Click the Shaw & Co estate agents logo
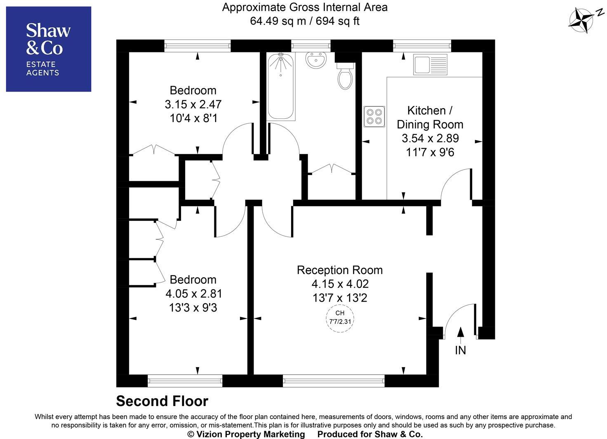coord(48,49)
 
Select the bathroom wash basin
coord(316,60)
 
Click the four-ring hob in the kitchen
coord(374,116)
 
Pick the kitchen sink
coord(431,65)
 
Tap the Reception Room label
coord(340,270)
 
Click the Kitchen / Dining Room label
coord(430,118)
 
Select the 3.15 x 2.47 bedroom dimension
coord(193,104)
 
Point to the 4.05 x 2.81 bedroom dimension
coord(193,294)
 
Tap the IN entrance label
coord(460,350)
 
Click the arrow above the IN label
coord(461,333)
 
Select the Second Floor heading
coord(162,401)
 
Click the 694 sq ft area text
coord(338,21)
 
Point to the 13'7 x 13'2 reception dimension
coord(340,298)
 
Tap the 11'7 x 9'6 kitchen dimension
coord(430,153)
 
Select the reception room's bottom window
coord(333,381)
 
